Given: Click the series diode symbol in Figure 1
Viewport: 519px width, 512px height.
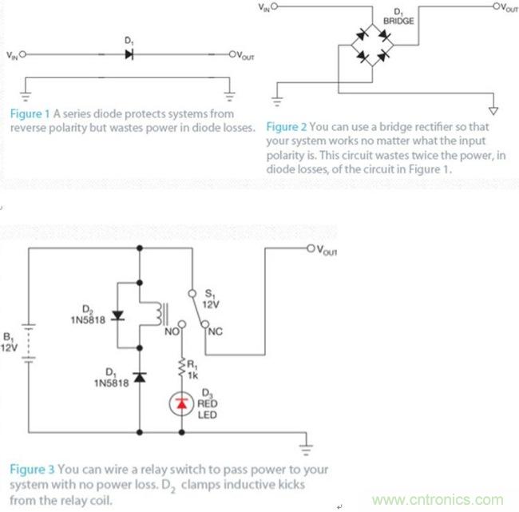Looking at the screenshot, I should click(129, 55).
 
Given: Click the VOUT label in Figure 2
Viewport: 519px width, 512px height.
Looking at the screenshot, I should click(506, 8).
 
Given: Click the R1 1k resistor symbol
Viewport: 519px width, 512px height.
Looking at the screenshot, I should click(182, 366).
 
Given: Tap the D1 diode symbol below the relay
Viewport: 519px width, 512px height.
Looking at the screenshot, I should click(141, 376).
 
